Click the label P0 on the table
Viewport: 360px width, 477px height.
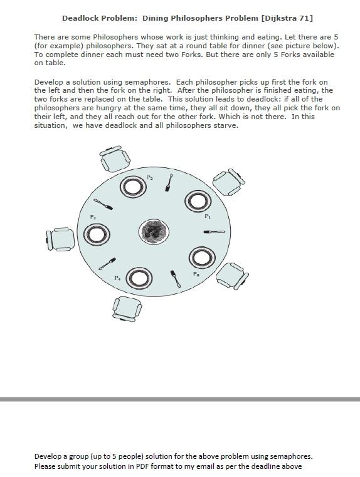point(196,274)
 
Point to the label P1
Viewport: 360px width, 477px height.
point(208,216)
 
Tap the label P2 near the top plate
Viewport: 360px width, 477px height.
point(150,178)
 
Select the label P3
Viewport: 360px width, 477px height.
point(93,217)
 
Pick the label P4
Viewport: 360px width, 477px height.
point(117,277)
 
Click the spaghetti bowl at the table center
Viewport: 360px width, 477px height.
point(154,232)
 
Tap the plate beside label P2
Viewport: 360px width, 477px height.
point(132,186)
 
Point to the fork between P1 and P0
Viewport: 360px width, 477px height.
point(214,232)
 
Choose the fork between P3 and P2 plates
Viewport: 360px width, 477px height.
point(103,204)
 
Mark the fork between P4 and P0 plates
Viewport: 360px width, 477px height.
point(176,278)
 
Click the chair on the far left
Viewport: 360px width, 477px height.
point(61,238)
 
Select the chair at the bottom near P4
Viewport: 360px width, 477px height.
point(126,308)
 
